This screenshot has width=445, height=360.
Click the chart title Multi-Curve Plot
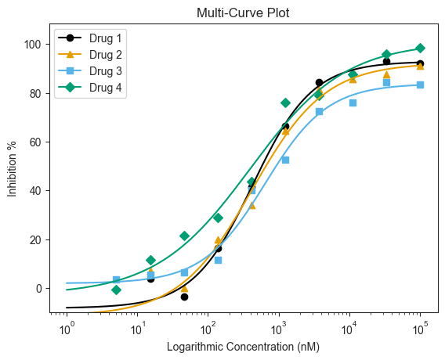243,13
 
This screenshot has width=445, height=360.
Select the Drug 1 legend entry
89,38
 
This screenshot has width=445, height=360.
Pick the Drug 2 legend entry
89,55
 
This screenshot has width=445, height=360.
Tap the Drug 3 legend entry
89,71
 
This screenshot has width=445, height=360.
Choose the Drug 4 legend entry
89,88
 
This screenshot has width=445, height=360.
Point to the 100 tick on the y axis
33,45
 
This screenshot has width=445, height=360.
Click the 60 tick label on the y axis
36,142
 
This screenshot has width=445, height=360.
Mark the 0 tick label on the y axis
39,289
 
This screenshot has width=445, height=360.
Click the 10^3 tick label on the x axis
279,329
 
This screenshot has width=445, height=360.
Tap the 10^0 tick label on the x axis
67,329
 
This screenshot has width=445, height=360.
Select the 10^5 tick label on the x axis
420,329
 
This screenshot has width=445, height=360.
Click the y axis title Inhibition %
13,169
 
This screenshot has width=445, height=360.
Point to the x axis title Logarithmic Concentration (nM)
243,347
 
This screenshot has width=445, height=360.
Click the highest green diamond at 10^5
420,49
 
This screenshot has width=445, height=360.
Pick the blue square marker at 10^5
420,85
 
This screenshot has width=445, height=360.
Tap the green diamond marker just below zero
117,290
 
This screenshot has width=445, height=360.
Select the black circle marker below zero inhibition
184,297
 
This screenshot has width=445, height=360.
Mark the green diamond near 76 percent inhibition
285,103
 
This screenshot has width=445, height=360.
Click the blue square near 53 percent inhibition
285,160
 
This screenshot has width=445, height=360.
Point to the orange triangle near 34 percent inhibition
252,206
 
